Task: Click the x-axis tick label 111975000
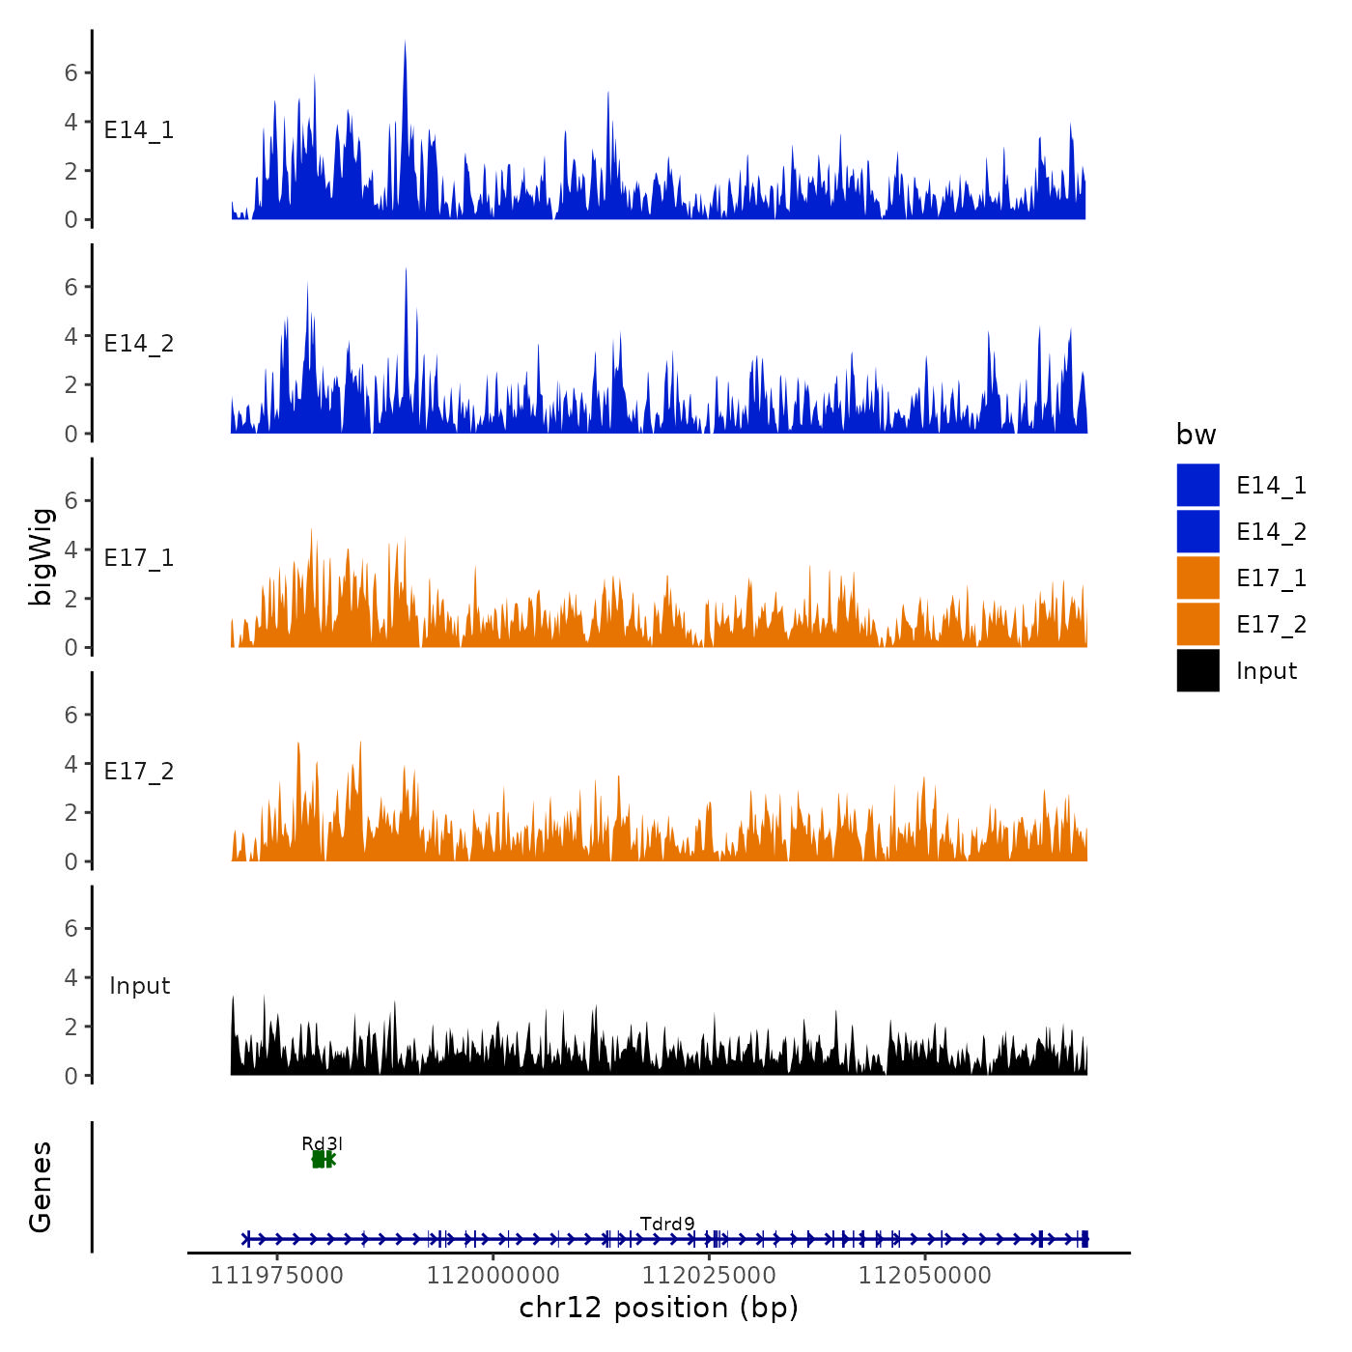277,1276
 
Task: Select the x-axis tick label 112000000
493,1276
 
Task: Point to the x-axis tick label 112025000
710,1276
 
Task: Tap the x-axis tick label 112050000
925,1276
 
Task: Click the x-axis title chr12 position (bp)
659,1308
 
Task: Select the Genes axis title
41,1187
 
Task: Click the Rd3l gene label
323,1143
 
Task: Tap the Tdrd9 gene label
667,1224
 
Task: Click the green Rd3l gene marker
323,1159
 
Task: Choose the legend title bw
1196,435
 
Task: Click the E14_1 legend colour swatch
1197,485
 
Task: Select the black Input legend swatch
1197,670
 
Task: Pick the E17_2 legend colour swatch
1197,624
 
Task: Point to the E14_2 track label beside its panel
139,344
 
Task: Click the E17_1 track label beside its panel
139,558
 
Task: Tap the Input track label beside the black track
139,986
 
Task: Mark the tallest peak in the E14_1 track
405,44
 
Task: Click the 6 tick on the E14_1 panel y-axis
71,72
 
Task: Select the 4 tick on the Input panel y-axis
71,977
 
